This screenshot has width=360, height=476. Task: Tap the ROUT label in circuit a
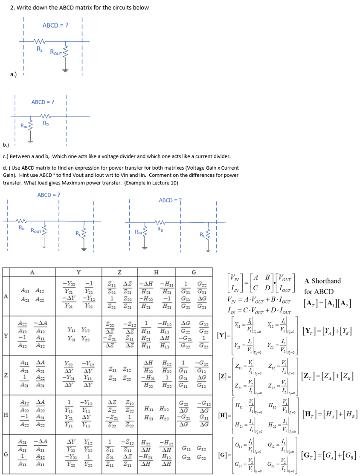(x=56, y=52)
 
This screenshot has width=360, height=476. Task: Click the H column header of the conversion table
(x=156, y=272)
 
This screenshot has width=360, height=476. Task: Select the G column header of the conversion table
(x=194, y=272)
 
